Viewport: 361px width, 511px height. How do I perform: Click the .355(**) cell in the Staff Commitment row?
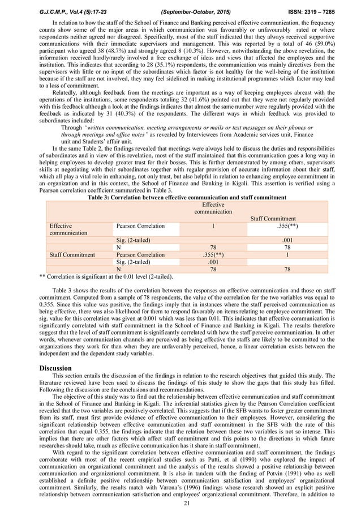click(213, 255)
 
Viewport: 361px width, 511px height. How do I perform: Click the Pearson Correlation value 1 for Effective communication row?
click(213, 225)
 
